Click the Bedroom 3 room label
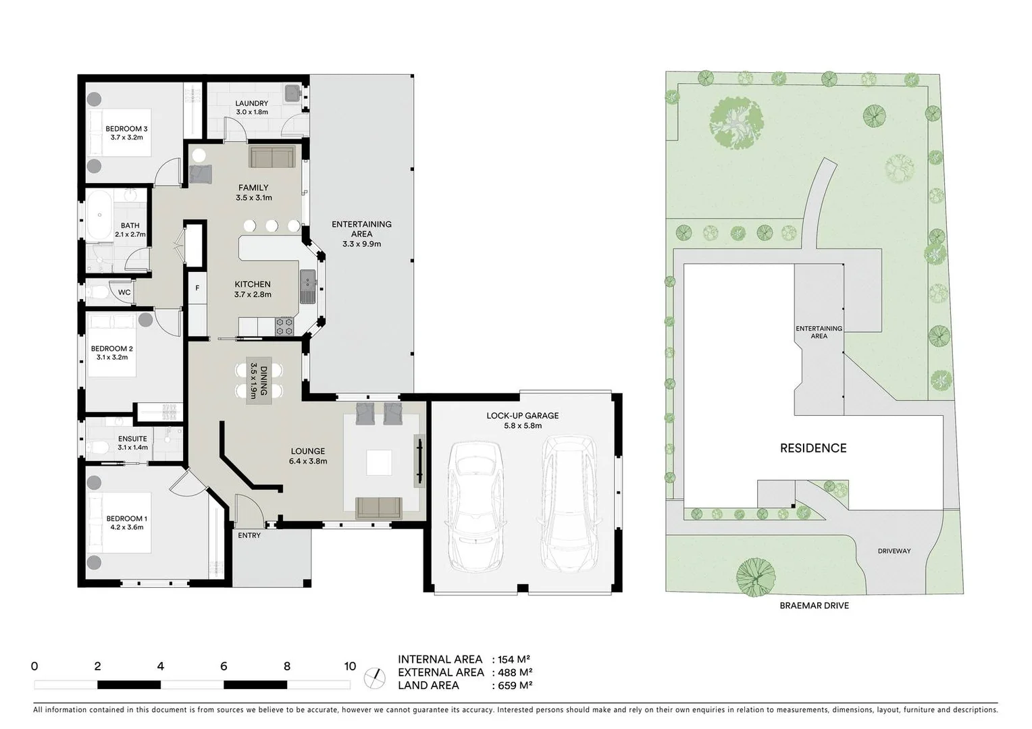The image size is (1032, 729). tap(126, 133)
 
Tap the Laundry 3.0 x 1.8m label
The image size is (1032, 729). tap(252, 107)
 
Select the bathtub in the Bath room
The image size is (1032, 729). tap(99, 215)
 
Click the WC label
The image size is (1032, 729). tap(124, 292)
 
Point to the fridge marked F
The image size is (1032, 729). tap(197, 288)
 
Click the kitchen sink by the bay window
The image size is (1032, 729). tap(307, 287)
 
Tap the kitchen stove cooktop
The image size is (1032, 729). tap(284, 327)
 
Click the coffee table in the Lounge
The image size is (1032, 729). tap(378, 463)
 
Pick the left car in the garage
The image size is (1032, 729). tap(475, 506)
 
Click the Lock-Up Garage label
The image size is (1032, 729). tap(523, 421)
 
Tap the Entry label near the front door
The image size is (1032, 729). tap(249, 535)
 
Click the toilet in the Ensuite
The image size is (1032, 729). tap(96, 448)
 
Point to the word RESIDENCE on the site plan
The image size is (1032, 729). tap(813, 448)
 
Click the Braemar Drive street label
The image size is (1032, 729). tap(814, 605)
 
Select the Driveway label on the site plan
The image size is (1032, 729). tap(894, 551)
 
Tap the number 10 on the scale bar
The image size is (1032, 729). tap(350, 666)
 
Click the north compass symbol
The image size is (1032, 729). tap(375, 678)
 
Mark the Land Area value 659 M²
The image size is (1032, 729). tap(516, 685)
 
